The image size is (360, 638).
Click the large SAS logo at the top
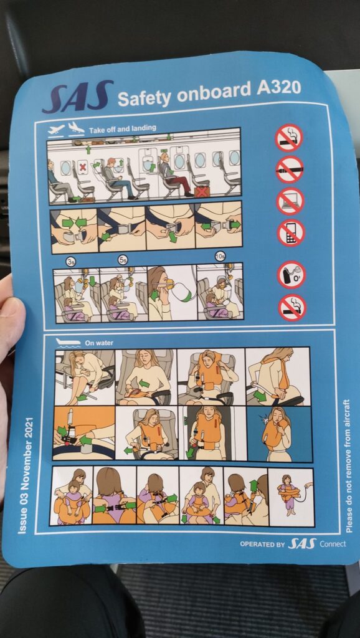pyautogui.click(x=77, y=97)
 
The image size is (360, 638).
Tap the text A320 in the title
pyautogui.click(x=278, y=87)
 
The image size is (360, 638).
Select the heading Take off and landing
pyautogui.click(x=123, y=129)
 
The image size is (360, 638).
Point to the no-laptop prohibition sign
pyautogui.click(x=290, y=201)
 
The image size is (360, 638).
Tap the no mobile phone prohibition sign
pyautogui.click(x=291, y=233)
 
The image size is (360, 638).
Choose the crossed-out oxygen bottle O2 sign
pyautogui.click(x=291, y=275)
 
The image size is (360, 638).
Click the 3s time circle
pyautogui.click(x=71, y=262)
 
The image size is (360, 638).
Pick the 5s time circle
pyautogui.click(x=123, y=260)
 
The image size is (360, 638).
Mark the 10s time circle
pyautogui.click(x=220, y=256)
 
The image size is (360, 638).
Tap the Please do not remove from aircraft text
pyautogui.click(x=348, y=466)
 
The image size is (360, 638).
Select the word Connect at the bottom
pyautogui.click(x=333, y=544)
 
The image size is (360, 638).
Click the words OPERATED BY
pyautogui.click(x=262, y=544)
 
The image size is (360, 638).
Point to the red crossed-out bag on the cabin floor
pyautogui.click(x=201, y=192)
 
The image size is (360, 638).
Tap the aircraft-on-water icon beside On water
pyautogui.click(x=68, y=342)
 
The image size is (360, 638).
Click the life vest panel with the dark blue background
pyautogui.click(x=280, y=434)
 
